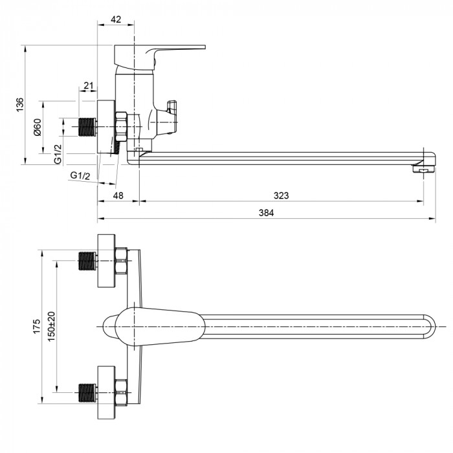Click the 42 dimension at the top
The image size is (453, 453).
tap(116, 19)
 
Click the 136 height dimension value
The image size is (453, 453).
tap(19, 105)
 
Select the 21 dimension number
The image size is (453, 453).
tap(89, 85)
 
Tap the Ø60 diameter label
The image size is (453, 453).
tap(38, 127)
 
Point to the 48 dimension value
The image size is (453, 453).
tap(118, 195)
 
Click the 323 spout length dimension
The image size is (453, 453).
tap(281, 195)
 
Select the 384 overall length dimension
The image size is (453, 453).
tap(266, 213)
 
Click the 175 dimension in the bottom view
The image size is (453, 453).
tap(37, 326)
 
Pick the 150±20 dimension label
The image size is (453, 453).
tap(51, 326)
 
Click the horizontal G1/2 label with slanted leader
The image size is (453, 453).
tap(80, 175)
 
